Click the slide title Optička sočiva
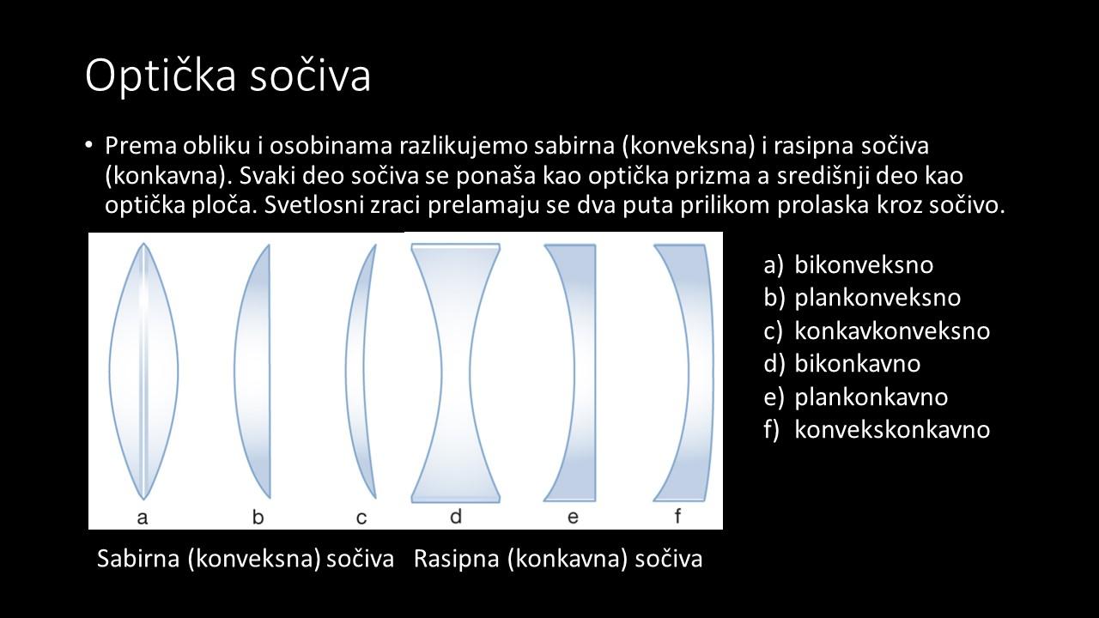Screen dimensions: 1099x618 [228, 76]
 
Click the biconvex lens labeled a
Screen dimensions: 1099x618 [143, 372]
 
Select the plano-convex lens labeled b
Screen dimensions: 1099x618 [252, 372]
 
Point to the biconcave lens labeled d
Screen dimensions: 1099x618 [456, 373]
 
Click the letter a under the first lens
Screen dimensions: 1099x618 [143, 518]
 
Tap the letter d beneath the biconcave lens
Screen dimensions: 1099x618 [456, 516]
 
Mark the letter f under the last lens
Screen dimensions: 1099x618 [677, 516]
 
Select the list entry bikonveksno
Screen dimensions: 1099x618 [864, 265]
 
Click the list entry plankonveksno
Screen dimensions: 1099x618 [877, 298]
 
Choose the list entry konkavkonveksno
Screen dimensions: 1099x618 [892, 330]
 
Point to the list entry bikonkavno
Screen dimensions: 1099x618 [858, 363]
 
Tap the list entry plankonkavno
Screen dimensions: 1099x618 [871, 397]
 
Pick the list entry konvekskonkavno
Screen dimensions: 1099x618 [892, 429]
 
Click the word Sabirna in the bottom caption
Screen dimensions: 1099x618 [138, 558]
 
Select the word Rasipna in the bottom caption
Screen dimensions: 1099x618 [456, 558]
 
